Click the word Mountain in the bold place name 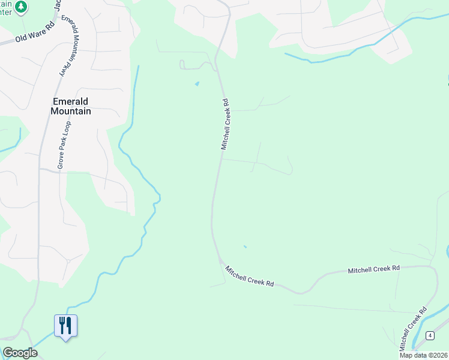coord(71,111)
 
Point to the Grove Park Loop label coord(61,145)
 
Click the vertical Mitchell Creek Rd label coord(226,124)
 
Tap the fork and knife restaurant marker coord(65,326)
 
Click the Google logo coord(20,353)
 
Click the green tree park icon coord(21,7)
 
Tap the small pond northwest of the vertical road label coord(197,83)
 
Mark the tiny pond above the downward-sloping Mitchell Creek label coord(245,247)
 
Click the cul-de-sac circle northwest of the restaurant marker coord(68,261)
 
